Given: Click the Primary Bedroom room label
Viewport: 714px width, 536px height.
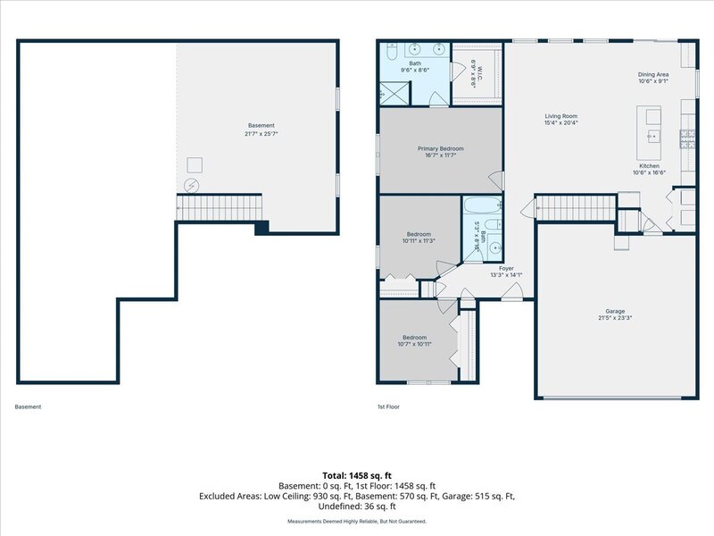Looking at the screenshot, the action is [441, 148].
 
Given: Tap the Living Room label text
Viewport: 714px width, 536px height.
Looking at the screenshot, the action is [561, 116].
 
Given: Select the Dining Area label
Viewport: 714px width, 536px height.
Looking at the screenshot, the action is [653, 74].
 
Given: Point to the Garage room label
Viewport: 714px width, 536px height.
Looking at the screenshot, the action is [615, 311].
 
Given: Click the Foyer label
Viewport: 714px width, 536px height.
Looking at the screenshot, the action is [506, 269].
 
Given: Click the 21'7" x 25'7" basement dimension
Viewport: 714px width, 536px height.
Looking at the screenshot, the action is [261, 133].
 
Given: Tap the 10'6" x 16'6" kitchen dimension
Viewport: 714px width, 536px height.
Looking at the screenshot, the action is [650, 172].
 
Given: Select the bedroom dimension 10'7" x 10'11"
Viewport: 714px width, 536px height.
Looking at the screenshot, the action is [414, 344].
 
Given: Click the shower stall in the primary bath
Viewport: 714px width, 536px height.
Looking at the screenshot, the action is [395, 93].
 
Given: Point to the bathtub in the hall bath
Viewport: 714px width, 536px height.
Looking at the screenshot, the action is [482, 205].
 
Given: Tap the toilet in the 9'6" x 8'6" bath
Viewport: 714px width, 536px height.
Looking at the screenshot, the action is [392, 52].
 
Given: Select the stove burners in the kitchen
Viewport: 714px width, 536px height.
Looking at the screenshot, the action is [687, 139].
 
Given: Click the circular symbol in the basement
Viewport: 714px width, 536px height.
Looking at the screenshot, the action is [191, 186].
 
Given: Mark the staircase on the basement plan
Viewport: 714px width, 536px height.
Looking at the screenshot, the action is [220, 207].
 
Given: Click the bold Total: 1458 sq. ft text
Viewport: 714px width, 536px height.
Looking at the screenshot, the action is [357, 476].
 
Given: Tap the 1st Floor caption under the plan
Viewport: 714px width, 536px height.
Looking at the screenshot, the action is [388, 406].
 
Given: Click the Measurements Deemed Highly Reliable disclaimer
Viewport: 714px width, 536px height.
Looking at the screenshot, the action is [357, 521].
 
